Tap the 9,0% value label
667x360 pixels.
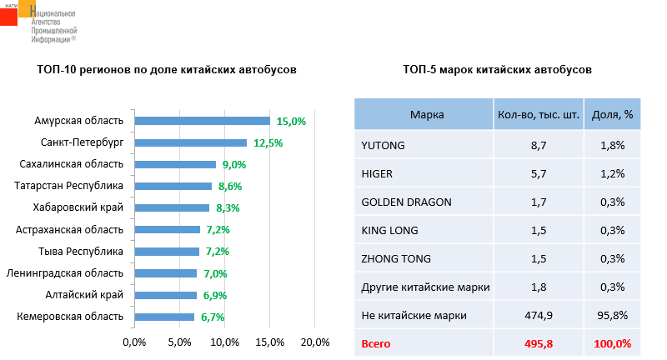[x=234, y=164]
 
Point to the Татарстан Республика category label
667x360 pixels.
[x=70, y=186]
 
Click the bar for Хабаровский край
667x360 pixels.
[x=172, y=207]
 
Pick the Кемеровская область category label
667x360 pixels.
[x=70, y=316]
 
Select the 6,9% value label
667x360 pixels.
[x=213, y=295]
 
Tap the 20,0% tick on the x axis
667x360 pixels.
[x=315, y=342]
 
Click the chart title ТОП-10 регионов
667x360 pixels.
[x=167, y=70]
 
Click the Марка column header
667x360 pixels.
[x=427, y=115]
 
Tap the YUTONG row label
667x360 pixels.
[x=383, y=145]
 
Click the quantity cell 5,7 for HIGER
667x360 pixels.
[x=539, y=173]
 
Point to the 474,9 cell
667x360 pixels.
[x=539, y=315]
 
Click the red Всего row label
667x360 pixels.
[x=377, y=343]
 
